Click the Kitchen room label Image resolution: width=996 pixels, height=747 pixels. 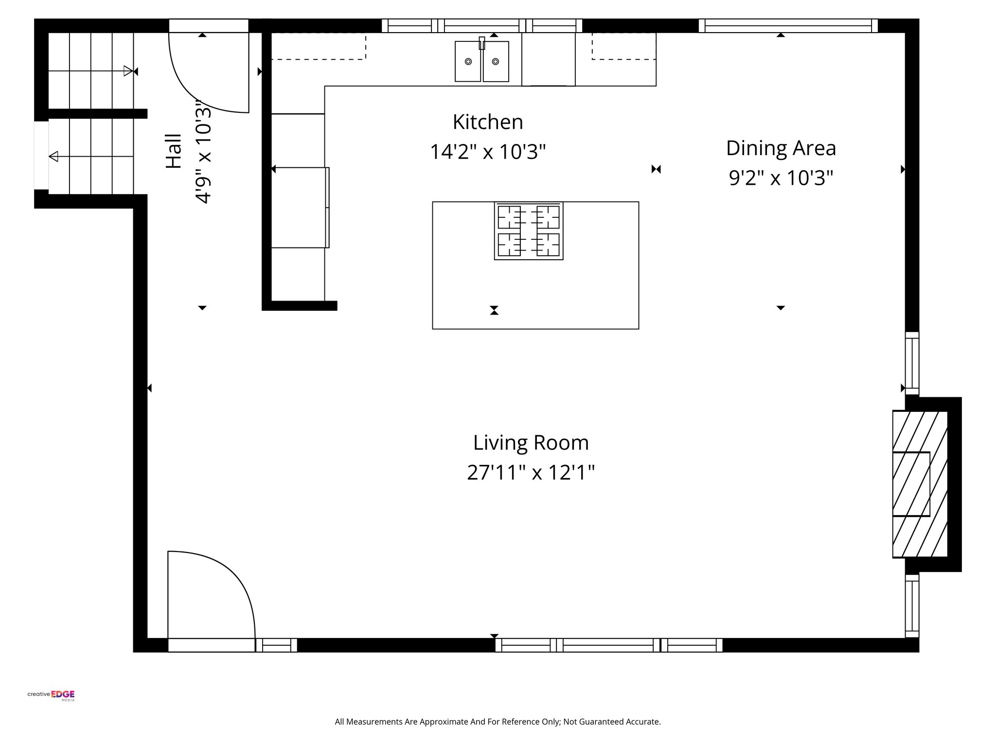pos(488,122)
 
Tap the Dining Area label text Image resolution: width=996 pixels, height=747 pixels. pos(781,148)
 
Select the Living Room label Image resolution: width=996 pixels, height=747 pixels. pos(531,443)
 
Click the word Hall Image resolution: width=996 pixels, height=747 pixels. pos(174,151)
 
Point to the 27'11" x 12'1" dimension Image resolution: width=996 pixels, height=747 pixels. pos(531,472)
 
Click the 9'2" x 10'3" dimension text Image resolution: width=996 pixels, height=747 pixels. pos(781,178)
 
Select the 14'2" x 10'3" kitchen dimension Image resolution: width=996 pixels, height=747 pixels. pos(488,152)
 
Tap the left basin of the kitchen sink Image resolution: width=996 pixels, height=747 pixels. pos(468,62)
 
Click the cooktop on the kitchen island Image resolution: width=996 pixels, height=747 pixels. pos(529,231)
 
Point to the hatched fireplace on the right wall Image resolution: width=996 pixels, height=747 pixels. pos(920,484)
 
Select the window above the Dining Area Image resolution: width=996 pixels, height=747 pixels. pos(788,25)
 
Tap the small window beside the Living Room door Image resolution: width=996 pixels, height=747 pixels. pos(276,645)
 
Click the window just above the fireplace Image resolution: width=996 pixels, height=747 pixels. pos(912,363)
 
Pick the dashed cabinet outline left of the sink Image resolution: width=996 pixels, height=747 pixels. pos(318,46)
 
